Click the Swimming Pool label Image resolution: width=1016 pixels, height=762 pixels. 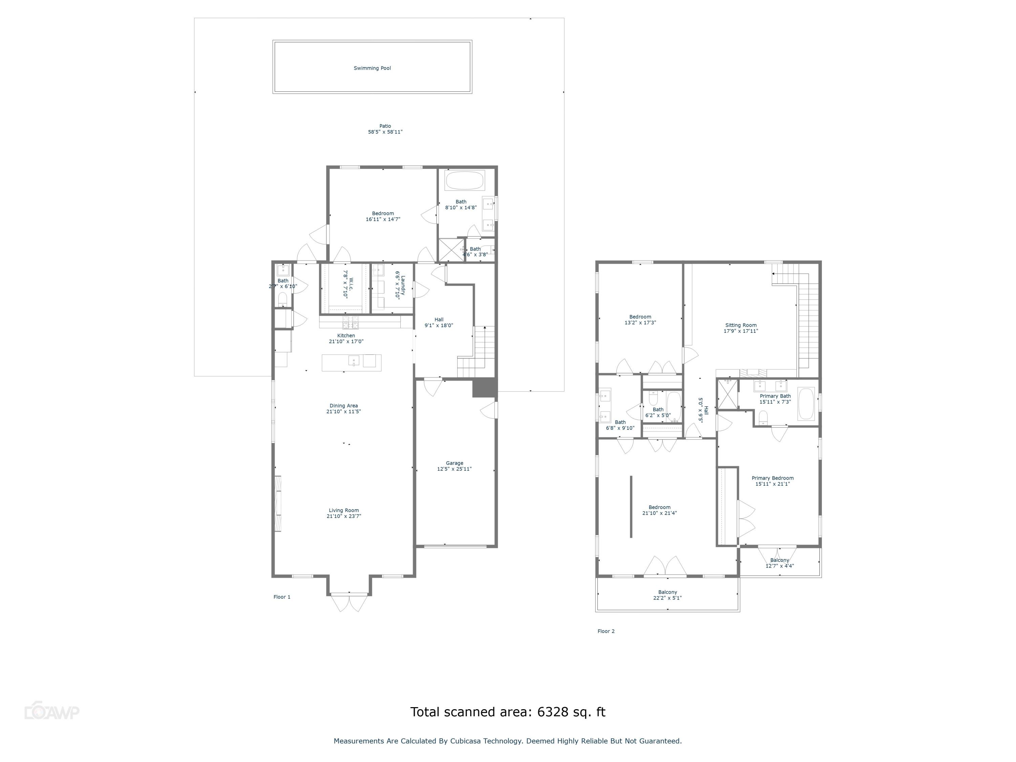tap(372, 68)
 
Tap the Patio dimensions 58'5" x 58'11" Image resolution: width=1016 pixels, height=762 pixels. tap(385, 132)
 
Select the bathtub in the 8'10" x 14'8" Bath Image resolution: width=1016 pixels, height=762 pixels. tap(464, 180)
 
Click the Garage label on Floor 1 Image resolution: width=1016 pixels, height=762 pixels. tap(454, 463)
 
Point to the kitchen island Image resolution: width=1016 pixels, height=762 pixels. tap(352, 362)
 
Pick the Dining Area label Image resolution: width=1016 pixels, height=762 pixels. tap(343, 406)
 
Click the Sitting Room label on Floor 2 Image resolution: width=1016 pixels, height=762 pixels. tap(740, 325)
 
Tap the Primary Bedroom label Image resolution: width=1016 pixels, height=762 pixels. tap(772, 478)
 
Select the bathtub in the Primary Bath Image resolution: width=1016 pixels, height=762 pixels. tap(806, 404)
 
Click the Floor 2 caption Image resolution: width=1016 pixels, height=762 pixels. tap(606, 631)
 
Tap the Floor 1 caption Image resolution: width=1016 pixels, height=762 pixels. tap(281, 597)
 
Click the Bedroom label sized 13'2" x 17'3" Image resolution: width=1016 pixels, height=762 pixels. tap(640, 317)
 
